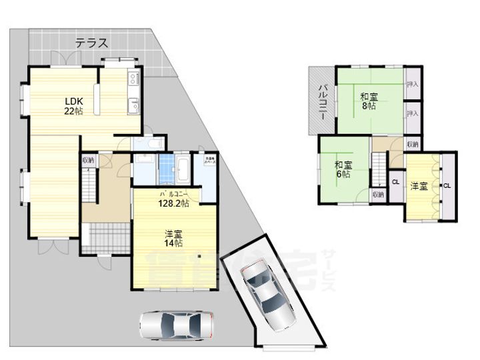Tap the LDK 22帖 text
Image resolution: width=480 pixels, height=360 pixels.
coord(73,107)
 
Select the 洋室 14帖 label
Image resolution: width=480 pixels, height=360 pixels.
coord(175,238)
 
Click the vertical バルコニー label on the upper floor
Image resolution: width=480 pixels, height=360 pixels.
coord(321,101)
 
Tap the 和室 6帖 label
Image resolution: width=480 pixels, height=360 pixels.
coord(343,169)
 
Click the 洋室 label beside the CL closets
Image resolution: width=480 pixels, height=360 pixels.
coord(419,186)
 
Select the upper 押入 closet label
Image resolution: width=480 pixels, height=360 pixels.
coord(412,85)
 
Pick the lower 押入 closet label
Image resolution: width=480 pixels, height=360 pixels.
coord(412,113)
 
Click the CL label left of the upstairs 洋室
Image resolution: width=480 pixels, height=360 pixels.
coord(395,182)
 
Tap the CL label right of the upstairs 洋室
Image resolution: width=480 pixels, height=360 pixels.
coord(447,186)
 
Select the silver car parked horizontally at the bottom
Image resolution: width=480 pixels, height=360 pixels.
coord(177,326)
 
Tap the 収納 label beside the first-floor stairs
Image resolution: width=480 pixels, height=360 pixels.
coord(89,161)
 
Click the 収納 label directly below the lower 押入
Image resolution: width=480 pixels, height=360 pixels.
coord(412,144)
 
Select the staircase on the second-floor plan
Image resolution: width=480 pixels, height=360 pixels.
coord(379,171)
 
